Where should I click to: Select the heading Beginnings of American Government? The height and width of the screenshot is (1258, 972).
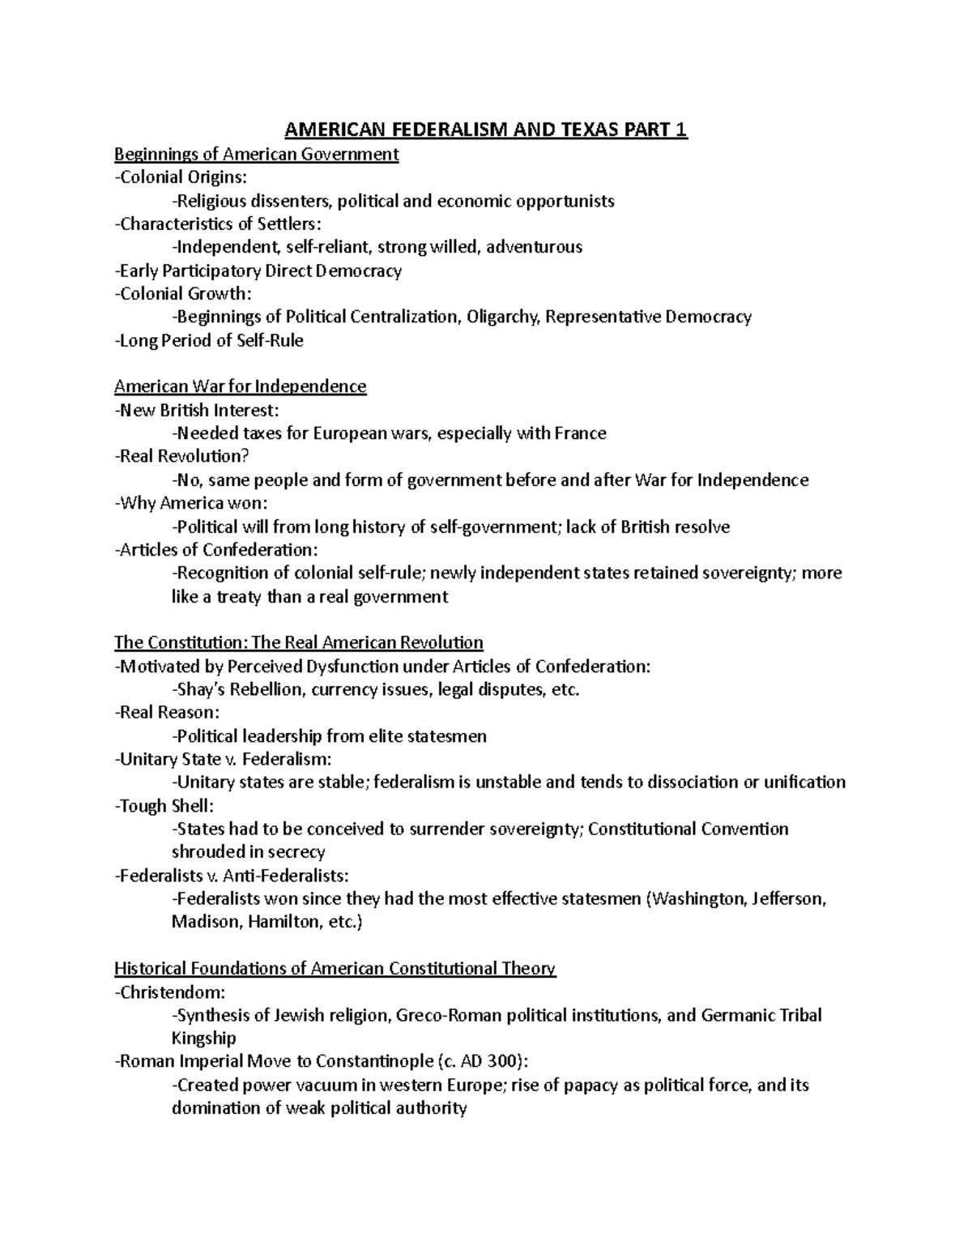pos(256,154)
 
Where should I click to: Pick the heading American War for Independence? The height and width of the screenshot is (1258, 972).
pos(240,386)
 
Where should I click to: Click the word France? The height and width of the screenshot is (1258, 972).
pos(580,433)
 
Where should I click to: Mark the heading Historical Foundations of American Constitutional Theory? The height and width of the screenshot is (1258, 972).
pos(335,969)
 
